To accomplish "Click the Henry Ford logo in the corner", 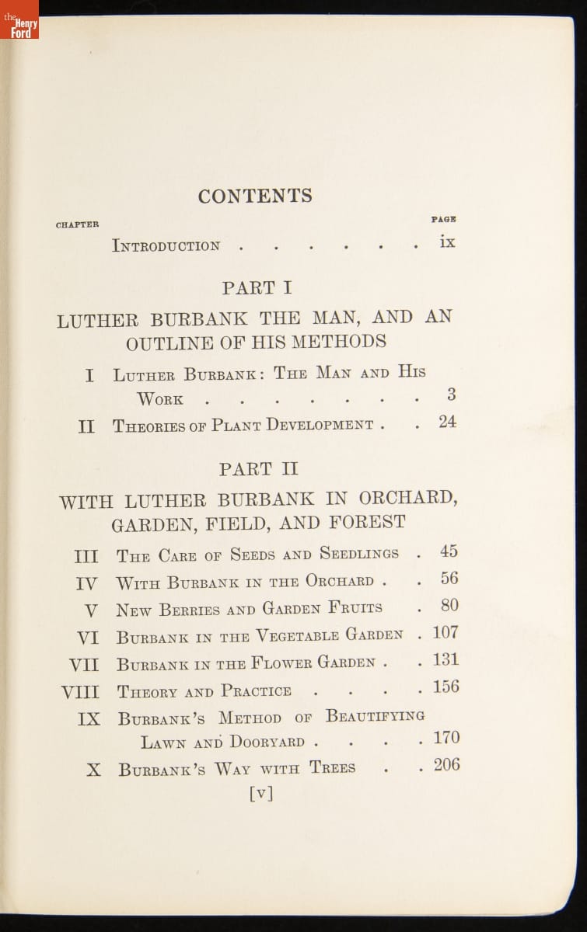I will tap(19, 20).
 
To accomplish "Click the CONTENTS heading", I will tap(255, 196).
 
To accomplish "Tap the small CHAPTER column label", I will tap(77, 225).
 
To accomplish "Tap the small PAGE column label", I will tap(443, 220).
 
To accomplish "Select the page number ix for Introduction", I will tap(447, 242).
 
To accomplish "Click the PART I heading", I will tap(257, 288).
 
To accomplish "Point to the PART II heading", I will tap(258, 470).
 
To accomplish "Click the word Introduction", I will tap(166, 246).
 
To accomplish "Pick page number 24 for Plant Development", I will tap(447, 423).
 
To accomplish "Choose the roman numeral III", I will tap(86, 557).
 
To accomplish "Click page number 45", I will tap(449, 551).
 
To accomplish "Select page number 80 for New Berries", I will tap(449, 606).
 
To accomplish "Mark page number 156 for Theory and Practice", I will tap(445, 687).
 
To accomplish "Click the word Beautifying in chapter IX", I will tap(375, 716).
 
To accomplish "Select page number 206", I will tap(446, 765).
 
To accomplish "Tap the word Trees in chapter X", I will tap(332, 768).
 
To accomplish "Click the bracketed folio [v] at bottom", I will tap(260, 793).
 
